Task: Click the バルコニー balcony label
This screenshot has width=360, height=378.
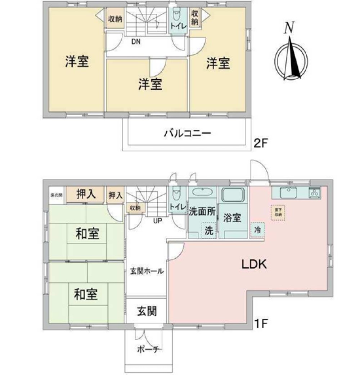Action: tap(187, 134)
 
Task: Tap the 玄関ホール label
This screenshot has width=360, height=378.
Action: tap(147, 271)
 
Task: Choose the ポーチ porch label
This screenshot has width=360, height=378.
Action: tap(148, 349)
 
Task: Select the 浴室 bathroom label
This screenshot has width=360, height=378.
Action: tap(232, 218)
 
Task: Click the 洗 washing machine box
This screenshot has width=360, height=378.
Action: tap(209, 231)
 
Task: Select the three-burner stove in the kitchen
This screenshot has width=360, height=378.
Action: tap(314, 193)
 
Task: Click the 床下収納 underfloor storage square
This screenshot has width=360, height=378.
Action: tap(278, 212)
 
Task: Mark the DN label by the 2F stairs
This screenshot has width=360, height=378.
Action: tap(135, 41)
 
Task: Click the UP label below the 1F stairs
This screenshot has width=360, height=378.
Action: tap(157, 221)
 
